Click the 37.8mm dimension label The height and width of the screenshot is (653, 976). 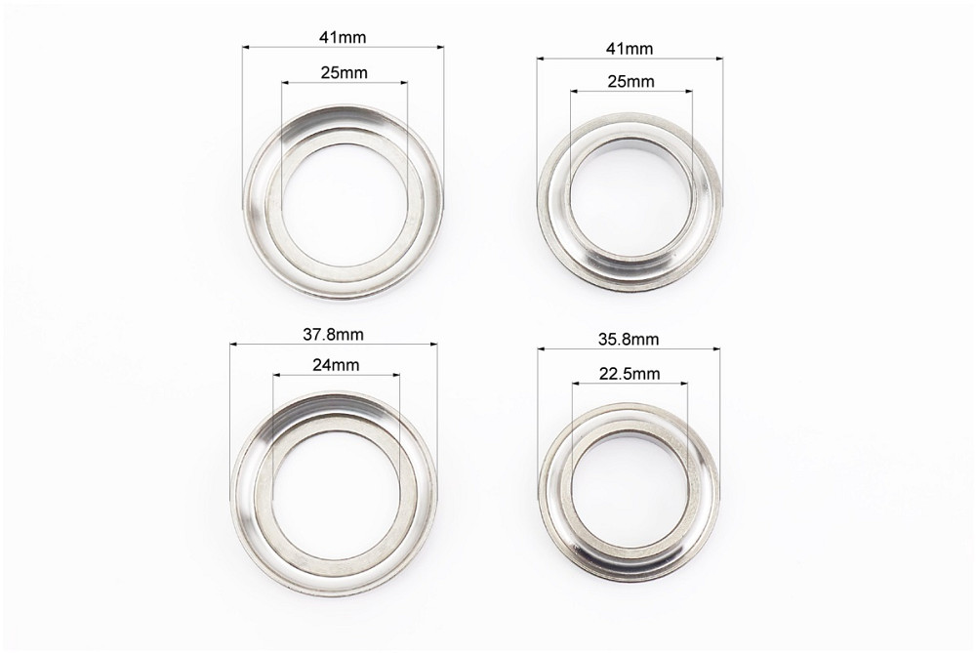click(333, 334)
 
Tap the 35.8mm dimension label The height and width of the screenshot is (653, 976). click(629, 340)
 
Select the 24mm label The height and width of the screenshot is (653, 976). click(336, 365)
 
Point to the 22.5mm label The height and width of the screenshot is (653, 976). click(630, 374)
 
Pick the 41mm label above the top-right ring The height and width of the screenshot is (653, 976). click(630, 49)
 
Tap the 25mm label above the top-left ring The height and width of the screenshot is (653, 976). click(345, 73)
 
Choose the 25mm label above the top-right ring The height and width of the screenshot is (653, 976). click(631, 82)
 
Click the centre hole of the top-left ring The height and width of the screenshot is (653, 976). click(345, 205)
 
